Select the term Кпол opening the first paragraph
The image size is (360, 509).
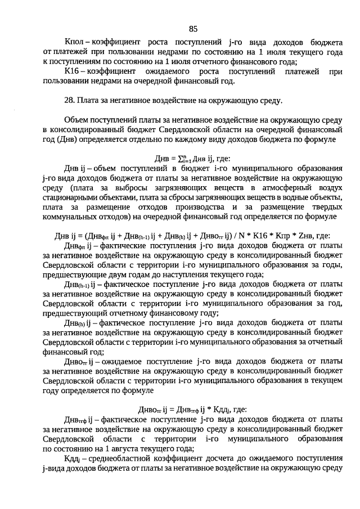point(74,43)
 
